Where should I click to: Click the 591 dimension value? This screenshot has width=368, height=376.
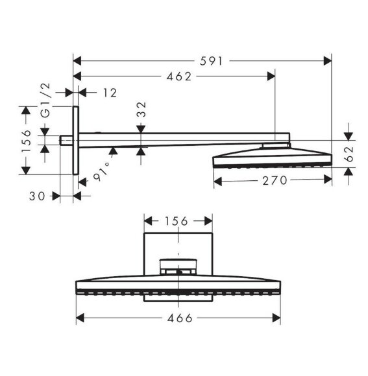[211, 61]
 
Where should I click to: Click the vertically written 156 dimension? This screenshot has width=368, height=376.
[26, 141]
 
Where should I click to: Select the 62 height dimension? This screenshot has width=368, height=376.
[350, 154]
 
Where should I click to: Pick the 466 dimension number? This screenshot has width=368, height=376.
[179, 318]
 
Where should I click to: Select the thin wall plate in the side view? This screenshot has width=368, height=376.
[76, 140]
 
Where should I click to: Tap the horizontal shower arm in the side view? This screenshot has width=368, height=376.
[182, 137]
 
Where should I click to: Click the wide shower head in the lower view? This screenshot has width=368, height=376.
[178, 286]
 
